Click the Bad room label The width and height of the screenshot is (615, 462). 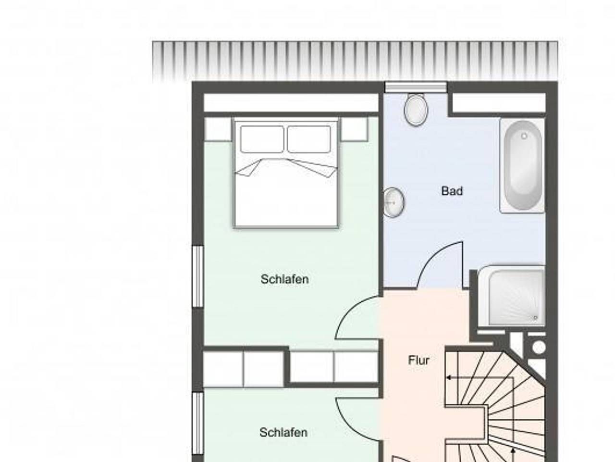point(452,191)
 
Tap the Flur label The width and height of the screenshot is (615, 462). point(418,360)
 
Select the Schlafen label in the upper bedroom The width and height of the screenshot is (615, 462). point(284,279)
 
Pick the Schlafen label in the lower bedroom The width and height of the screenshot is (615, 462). point(283,432)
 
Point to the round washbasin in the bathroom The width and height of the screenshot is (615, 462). point(394,202)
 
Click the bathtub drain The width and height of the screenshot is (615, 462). point(524,136)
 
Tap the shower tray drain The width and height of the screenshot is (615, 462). point(535,318)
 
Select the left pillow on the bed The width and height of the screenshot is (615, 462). point(262,139)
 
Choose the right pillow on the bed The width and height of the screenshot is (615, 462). point(309,139)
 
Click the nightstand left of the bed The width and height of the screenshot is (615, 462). point(218,129)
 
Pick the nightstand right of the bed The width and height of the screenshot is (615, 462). point(354,129)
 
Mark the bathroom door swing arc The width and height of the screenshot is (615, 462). point(430,255)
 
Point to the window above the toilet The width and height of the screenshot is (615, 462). point(416,87)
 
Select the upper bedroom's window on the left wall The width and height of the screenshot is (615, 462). point(198,276)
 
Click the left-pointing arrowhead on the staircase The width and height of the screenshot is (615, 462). point(448,377)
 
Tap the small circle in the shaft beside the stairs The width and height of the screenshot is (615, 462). point(539,348)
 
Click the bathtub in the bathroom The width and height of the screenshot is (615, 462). point(522,165)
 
